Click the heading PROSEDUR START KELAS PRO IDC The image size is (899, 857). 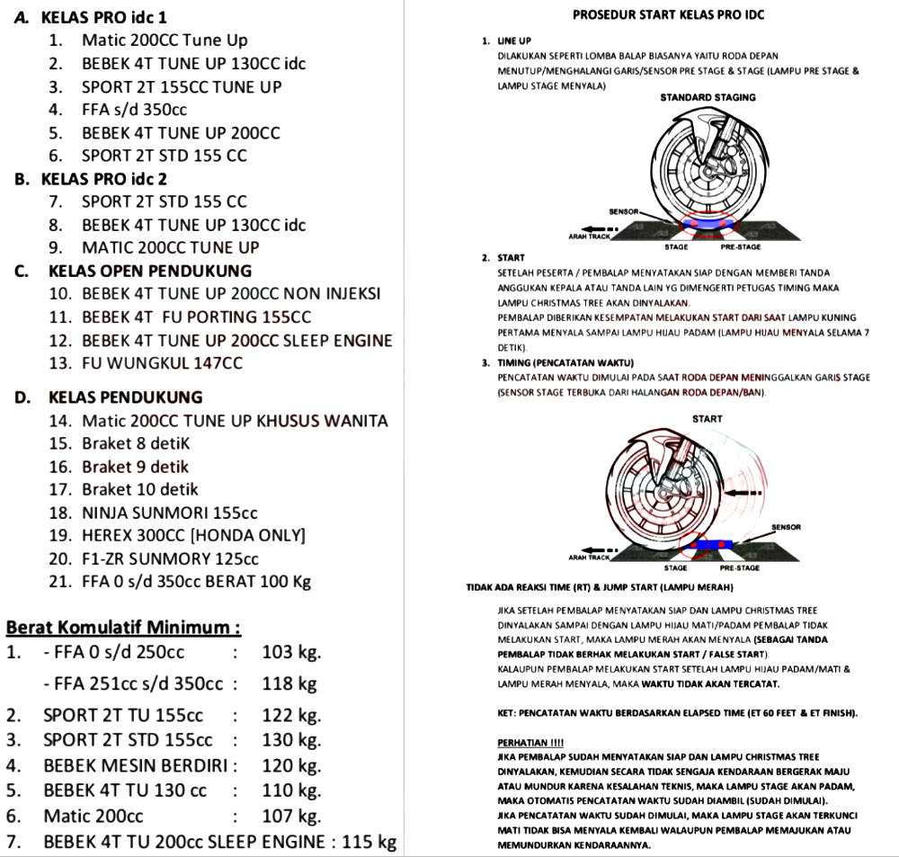(x=669, y=15)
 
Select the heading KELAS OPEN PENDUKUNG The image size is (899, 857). (x=150, y=271)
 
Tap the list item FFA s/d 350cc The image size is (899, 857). (x=134, y=110)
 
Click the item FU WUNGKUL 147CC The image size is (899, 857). (x=162, y=363)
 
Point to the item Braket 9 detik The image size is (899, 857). (x=135, y=467)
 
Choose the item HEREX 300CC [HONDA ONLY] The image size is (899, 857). (x=193, y=536)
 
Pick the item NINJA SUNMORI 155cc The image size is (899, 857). (x=169, y=513)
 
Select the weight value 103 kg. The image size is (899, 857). (x=291, y=652)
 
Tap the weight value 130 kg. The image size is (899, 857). (x=291, y=740)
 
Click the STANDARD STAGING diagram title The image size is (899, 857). (x=708, y=97)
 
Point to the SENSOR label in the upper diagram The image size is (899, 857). (x=623, y=212)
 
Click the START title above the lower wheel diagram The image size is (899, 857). (x=708, y=419)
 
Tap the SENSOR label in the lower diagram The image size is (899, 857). (x=786, y=527)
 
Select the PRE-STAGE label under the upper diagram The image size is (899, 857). (x=741, y=246)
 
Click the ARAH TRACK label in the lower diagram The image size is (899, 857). (x=589, y=558)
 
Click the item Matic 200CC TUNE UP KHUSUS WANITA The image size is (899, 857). (x=235, y=421)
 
